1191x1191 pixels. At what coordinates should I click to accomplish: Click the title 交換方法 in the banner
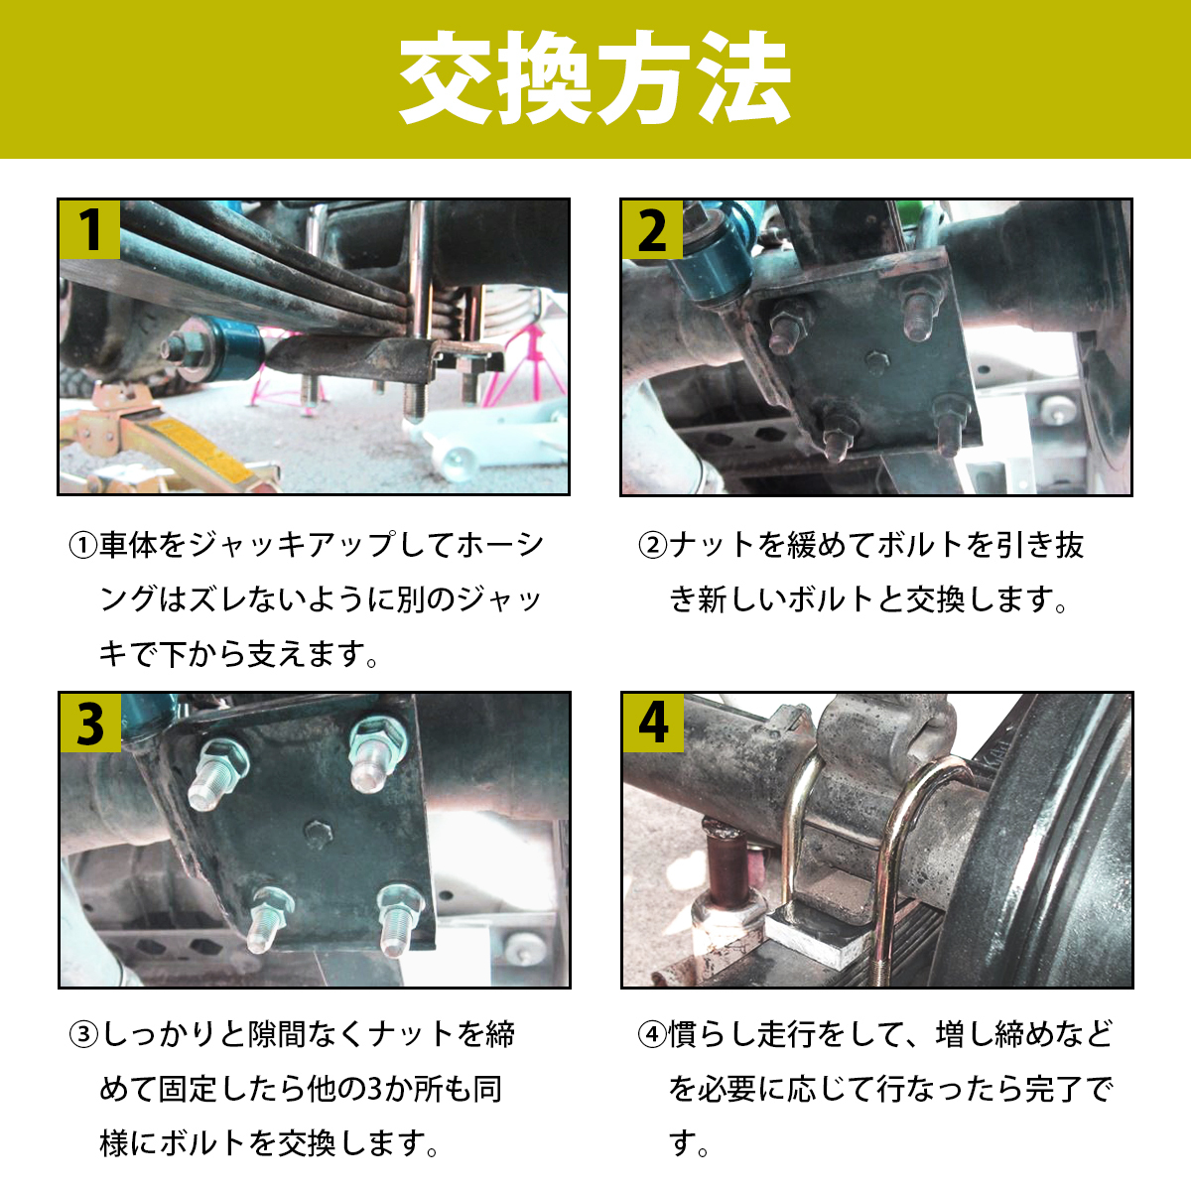tap(595, 79)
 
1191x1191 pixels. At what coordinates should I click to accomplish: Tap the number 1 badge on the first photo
tap(90, 229)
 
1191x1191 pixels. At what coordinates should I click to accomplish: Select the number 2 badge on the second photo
tap(652, 229)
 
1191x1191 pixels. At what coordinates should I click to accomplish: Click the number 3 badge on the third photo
tap(90, 724)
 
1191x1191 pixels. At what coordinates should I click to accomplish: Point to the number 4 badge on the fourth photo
tap(653, 724)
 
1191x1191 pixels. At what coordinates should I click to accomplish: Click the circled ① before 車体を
tap(82, 545)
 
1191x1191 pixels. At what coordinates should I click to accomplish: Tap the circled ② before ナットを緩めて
tap(652, 545)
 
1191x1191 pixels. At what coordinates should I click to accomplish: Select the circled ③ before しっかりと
tap(82, 1035)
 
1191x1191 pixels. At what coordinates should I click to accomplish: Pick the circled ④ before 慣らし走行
tap(652, 1035)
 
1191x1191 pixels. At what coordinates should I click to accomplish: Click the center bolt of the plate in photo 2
tap(875, 359)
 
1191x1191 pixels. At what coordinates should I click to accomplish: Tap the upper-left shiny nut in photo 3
tap(227, 759)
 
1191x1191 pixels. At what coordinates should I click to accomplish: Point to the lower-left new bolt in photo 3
tap(270, 913)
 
